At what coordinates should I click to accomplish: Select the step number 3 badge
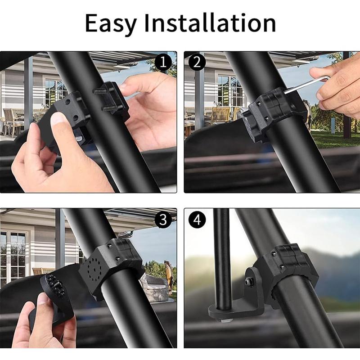click(163, 219)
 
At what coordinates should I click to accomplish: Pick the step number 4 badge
click(196, 220)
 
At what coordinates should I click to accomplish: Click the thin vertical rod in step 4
click(222, 256)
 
